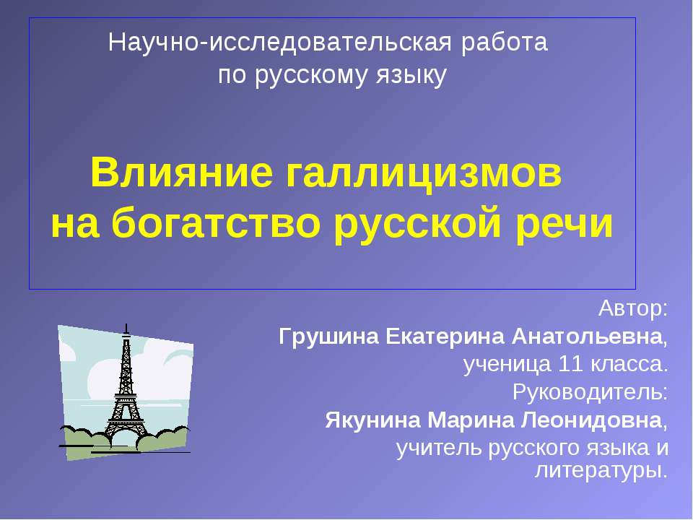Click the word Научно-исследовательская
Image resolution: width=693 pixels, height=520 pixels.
[x=282, y=43]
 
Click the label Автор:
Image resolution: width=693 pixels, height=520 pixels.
[x=633, y=310]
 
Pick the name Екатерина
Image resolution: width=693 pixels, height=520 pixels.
[x=443, y=337]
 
